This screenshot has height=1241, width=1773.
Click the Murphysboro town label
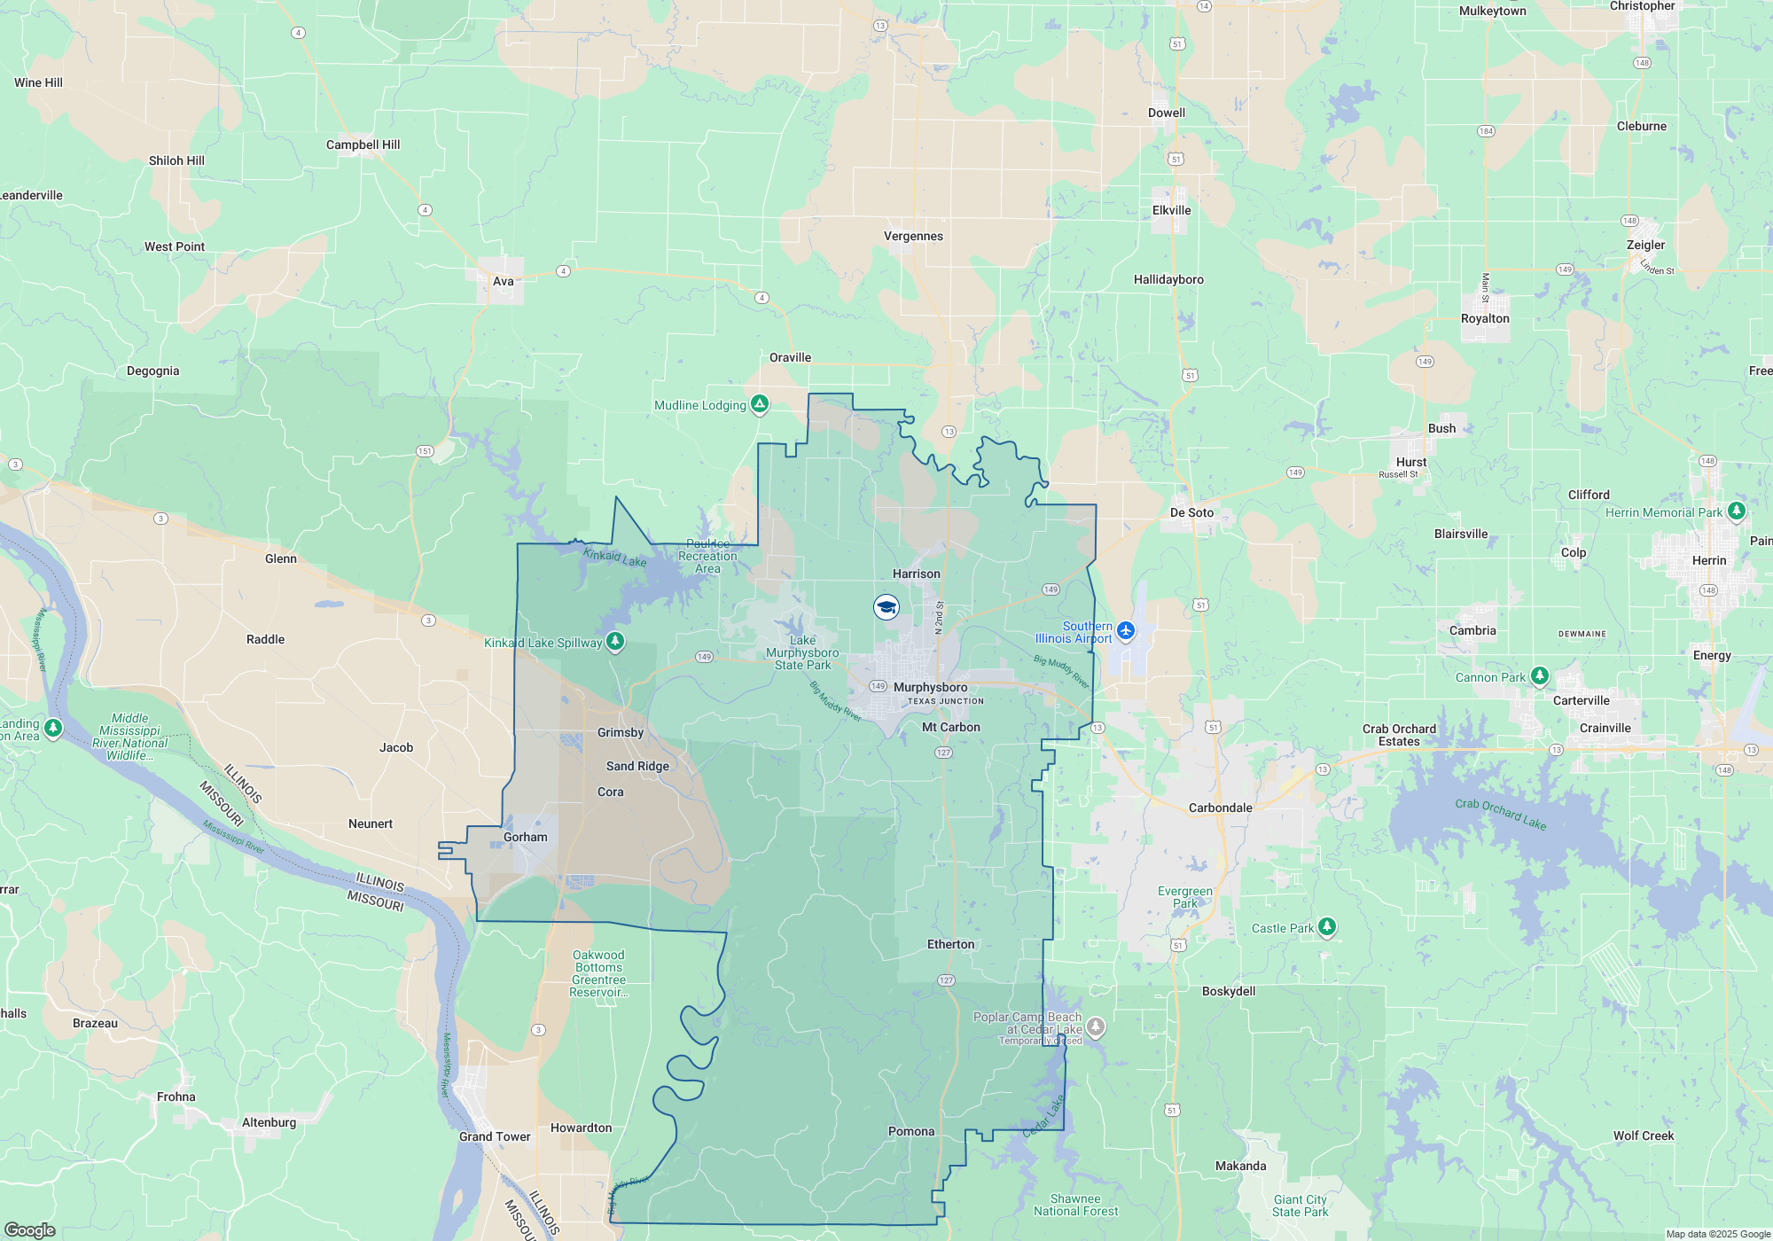pyautogui.click(x=930, y=687)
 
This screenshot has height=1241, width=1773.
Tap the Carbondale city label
pyautogui.click(x=1220, y=808)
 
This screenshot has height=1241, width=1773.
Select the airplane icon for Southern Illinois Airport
pyautogui.click(x=1126, y=630)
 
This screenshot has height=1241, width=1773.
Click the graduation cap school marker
pyautogui.click(x=886, y=607)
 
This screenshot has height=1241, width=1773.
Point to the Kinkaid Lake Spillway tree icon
pyautogui.click(x=614, y=641)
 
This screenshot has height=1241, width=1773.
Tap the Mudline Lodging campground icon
pyautogui.click(x=760, y=404)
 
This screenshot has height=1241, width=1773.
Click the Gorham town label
pyautogui.click(x=525, y=837)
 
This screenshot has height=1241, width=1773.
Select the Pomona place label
pyautogui.click(x=911, y=1131)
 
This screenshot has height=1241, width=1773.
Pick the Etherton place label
pyautogui.click(x=950, y=944)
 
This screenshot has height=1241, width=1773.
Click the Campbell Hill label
pyautogui.click(x=363, y=144)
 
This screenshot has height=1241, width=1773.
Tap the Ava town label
pyautogui.click(x=503, y=281)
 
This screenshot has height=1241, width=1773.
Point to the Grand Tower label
pyautogui.click(x=495, y=1136)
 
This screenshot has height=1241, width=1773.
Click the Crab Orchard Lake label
pyautogui.click(x=1500, y=814)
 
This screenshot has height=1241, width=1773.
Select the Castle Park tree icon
pyautogui.click(x=1326, y=927)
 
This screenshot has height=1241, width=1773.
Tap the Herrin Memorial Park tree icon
pyautogui.click(x=1737, y=511)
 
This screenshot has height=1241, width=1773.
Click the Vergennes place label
pyautogui.click(x=913, y=236)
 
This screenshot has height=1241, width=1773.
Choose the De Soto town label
pyautogui.click(x=1191, y=512)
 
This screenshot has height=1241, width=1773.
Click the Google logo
pyautogui.click(x=30, y=1229)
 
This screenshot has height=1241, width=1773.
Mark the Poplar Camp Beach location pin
pyautogui.click(x=1096, y=1026)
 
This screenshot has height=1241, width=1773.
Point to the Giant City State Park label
pyautogui.click(x=1300, y=1206)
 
